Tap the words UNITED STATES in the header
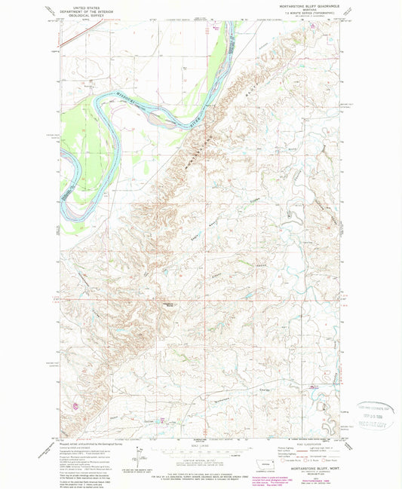pyautogui.click(x=84, y=5)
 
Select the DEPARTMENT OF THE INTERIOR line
pyautogui.click(x=84, y=10)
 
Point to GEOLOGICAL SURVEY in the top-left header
pyautogui.click(x=84, y=14)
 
